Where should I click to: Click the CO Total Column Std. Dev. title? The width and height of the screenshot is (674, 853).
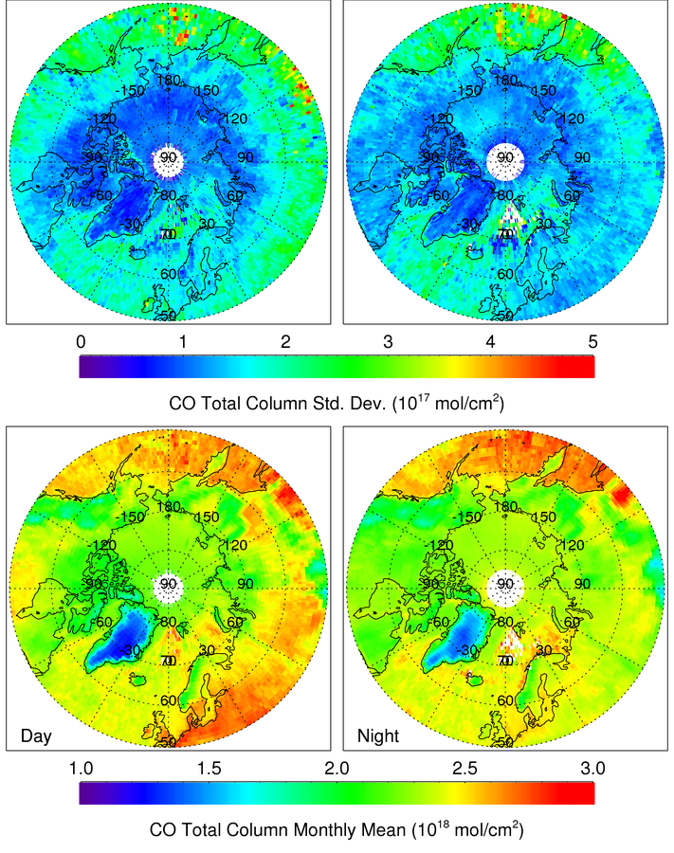[x=337, y=404]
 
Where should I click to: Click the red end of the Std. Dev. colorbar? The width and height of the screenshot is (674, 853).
[x=583, y=366]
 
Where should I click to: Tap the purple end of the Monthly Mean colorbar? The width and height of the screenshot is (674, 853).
[x=88, y=793]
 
